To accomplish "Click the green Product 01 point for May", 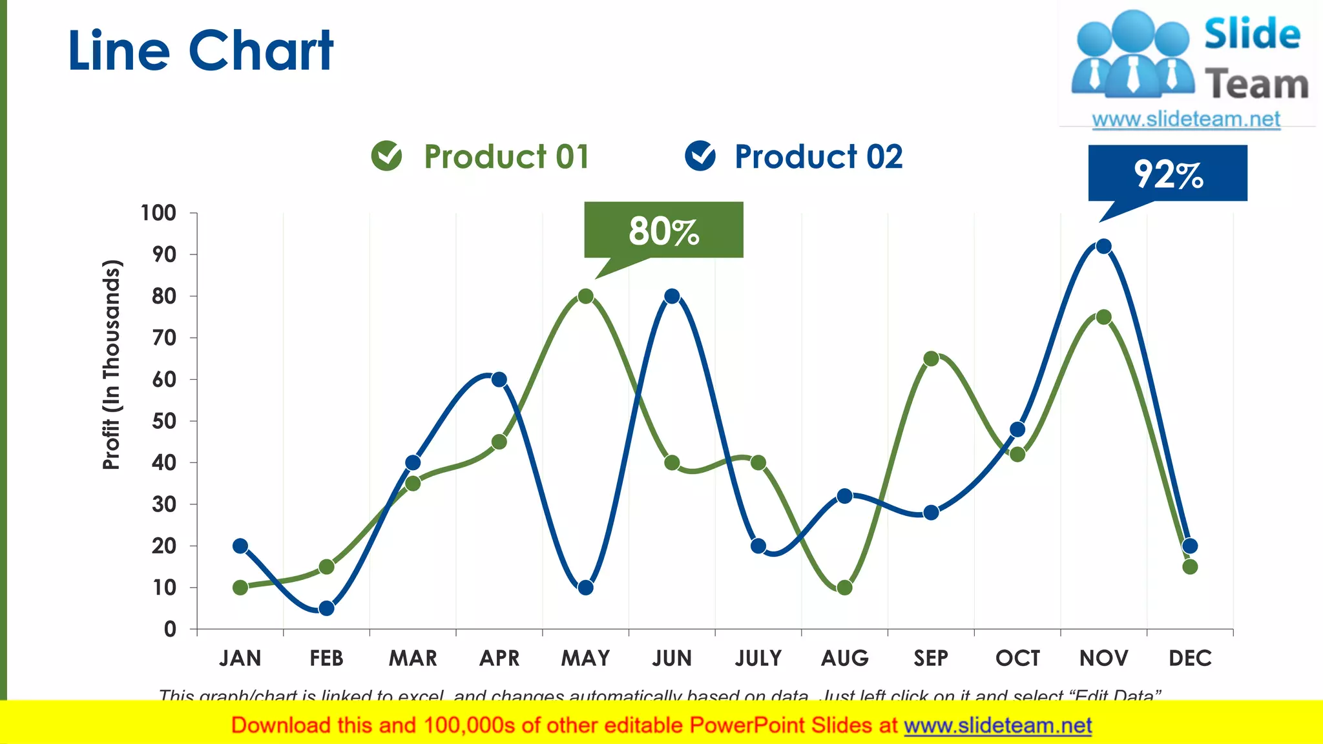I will point(585,296).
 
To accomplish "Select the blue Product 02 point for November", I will point(1103,246).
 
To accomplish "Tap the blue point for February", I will point(326,608).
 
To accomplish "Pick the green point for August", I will point(844,588).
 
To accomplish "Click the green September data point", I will point(931,358).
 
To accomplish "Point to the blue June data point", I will point(672,296).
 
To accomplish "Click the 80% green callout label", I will point(663,231).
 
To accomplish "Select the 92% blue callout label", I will point(1168,174).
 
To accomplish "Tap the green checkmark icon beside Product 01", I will point(386,156).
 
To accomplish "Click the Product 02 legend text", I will point(818,157).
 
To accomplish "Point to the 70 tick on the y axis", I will point(164,338).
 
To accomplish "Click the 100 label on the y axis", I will point(158,213).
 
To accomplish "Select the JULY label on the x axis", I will point(758,658).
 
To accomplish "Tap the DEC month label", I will point(1190,658).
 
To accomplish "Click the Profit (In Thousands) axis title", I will point(112,364).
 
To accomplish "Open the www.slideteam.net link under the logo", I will point(1185,119).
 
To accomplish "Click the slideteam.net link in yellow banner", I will point(997,726).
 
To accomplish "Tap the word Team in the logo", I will point(1256,85).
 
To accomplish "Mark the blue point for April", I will point(499,379).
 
